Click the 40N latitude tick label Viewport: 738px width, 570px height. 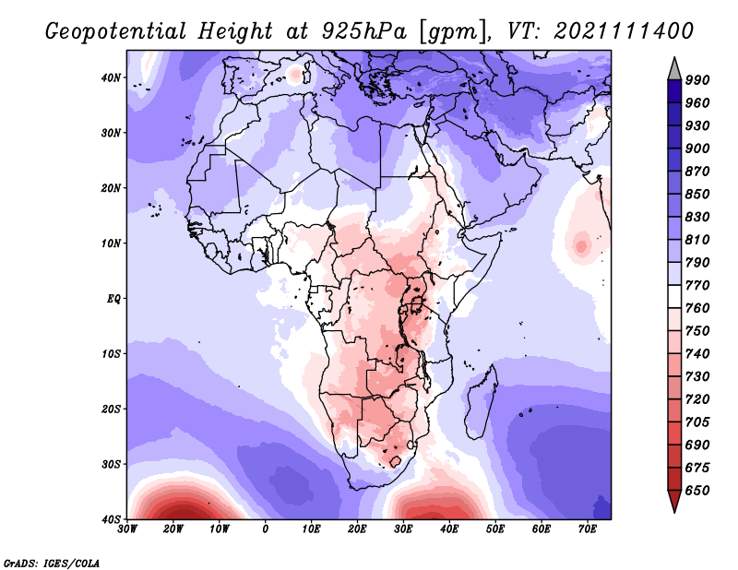111,77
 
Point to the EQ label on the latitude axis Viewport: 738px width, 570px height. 113,299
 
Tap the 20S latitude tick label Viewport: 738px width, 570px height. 111,409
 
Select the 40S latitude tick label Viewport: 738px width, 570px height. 111,519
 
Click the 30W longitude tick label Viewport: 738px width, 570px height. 127,529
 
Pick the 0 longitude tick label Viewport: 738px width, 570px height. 266,529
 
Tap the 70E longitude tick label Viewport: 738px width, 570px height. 588,529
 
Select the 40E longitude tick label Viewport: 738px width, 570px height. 449,529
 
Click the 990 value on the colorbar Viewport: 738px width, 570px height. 697,80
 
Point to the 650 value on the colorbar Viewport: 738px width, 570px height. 697,491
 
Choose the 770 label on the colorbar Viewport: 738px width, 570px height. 697,285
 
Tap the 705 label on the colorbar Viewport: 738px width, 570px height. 697,422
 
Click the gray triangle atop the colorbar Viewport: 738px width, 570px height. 674,71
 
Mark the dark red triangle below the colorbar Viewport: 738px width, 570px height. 674,500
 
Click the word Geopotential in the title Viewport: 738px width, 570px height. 116,32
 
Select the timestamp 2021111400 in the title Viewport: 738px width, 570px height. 624,31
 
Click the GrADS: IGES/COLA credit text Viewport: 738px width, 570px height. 52,564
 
